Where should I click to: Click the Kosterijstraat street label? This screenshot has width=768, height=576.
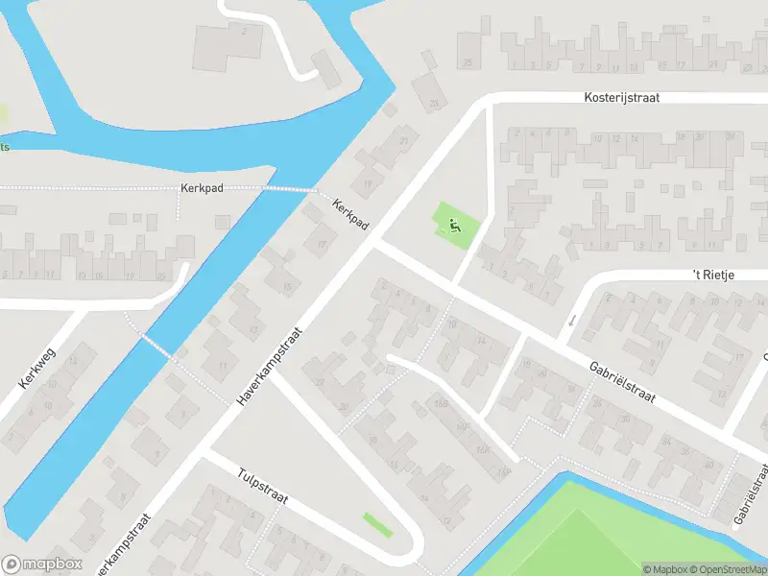point(622,98)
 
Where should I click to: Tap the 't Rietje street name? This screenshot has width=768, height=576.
point(713,276)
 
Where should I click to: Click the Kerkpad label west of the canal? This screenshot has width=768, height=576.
point(202,188)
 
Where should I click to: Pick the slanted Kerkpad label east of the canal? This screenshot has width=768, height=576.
point(351,212)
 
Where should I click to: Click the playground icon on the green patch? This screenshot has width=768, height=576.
point(455,227)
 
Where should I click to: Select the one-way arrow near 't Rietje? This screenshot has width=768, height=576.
point(571,320)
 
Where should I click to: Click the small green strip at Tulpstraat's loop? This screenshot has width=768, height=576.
point(377,524)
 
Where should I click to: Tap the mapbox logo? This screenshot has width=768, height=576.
point(41,564)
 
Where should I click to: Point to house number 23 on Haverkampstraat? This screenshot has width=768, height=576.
point(403,142)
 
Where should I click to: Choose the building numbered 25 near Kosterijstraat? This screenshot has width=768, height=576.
point(468,63)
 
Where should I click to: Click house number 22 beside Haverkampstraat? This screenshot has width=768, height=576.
point(320,382)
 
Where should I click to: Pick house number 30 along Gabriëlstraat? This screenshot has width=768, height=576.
point(625,419)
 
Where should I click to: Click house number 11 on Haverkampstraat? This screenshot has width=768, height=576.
point(223,366)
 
